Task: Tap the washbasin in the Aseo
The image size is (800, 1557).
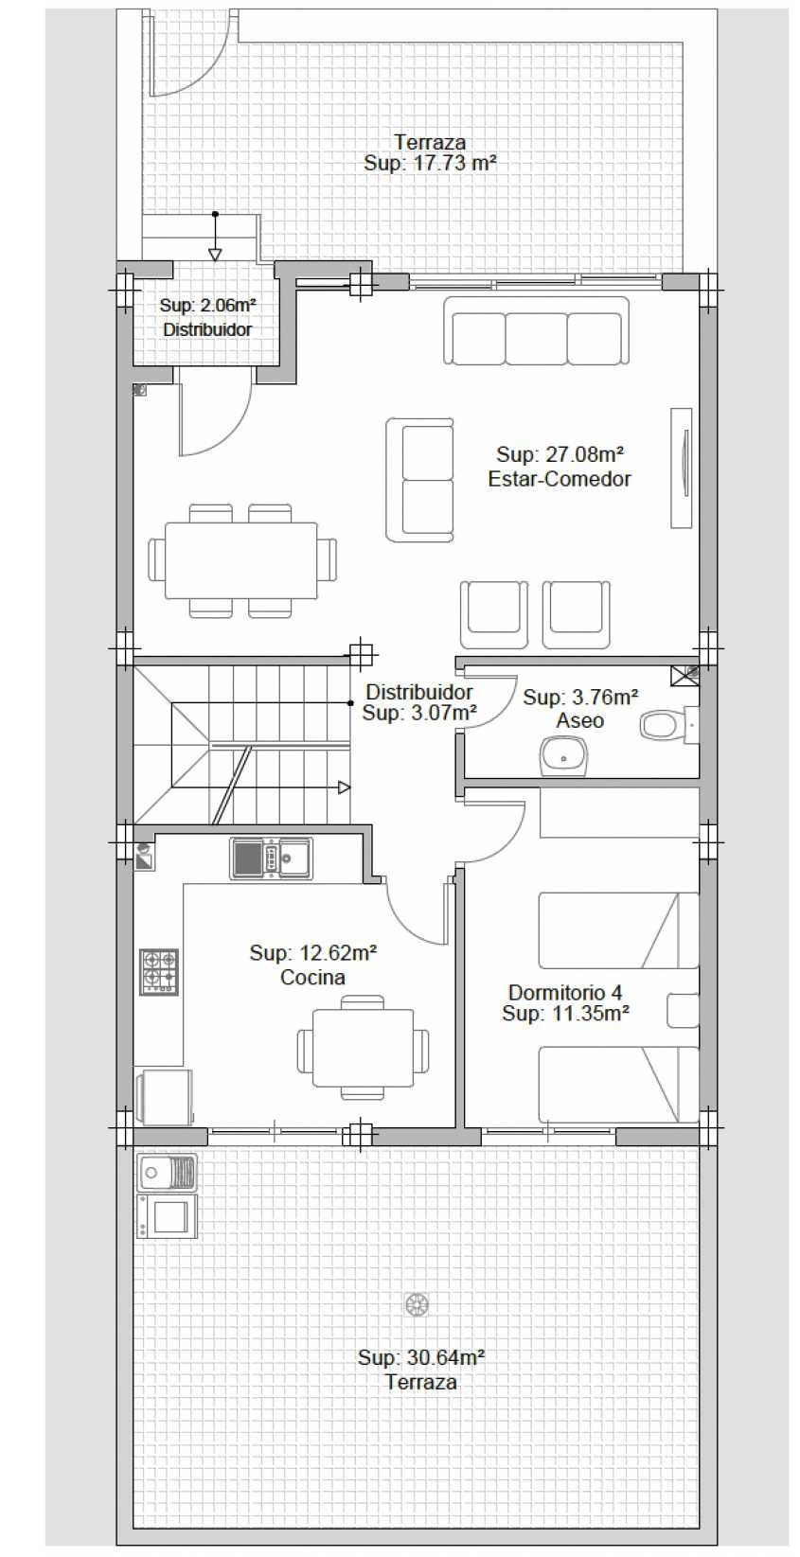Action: coord(562,756)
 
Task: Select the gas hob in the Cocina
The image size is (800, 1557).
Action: coord(158,971)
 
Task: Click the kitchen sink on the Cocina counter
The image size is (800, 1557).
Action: coord(271,858)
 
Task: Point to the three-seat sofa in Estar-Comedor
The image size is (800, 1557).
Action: coord(536,330)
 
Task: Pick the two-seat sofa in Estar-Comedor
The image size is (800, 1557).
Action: coord(419,479)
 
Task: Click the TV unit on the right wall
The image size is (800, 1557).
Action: coord(681,468)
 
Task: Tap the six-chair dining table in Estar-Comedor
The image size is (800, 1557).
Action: coord(241,560)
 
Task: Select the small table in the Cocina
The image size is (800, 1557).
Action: coord(363,1047)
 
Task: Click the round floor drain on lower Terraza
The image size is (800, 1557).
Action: coord(417,1304)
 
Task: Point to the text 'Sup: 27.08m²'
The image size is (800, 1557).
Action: coord(560,454)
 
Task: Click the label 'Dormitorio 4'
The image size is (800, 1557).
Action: coord(565,992)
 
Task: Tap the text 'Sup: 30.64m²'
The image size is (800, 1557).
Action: coord(421,1357)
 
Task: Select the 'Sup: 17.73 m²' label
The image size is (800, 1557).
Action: coord(430,164)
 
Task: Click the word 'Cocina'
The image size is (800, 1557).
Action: coord(312,978)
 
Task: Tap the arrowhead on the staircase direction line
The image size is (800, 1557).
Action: coord(344,787)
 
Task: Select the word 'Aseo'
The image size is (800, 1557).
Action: coord(579,720)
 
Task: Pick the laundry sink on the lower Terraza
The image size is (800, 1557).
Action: coord(168,1174)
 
